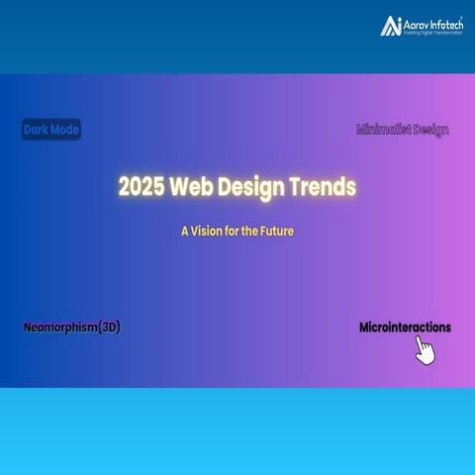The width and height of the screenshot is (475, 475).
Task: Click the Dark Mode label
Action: pos(51,130)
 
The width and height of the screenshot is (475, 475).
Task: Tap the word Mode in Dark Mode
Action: pos(65,130)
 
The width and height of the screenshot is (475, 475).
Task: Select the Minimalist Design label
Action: pos(403,130)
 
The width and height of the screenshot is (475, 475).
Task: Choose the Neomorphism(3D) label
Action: pos(72,327)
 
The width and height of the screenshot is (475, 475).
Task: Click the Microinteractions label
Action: pos(405,327)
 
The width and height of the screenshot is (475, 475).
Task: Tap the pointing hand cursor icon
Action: pos(425,350)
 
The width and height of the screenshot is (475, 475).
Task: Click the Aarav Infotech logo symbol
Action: pos(392,26)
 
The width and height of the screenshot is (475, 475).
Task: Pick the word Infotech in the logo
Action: pos(447,22)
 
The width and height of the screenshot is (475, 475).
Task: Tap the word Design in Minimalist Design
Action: pos(431,130)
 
